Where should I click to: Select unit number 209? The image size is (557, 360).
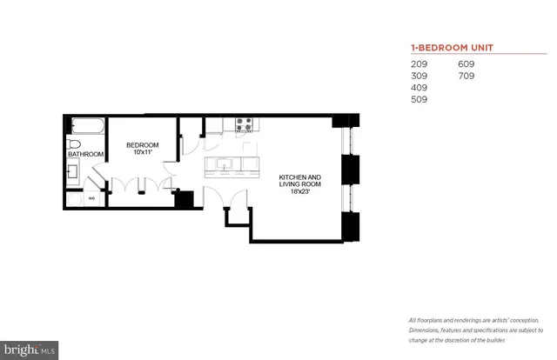(419, 64)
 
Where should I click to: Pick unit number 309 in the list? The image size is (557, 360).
(419, 76)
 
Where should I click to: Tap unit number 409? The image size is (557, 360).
(419, 88)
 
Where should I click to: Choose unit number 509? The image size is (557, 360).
(419, 100)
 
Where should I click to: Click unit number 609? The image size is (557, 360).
(468, 64)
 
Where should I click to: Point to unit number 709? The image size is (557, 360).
(468, 76)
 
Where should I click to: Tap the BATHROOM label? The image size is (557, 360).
(86, 155)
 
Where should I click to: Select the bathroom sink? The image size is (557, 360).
(75, 171)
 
